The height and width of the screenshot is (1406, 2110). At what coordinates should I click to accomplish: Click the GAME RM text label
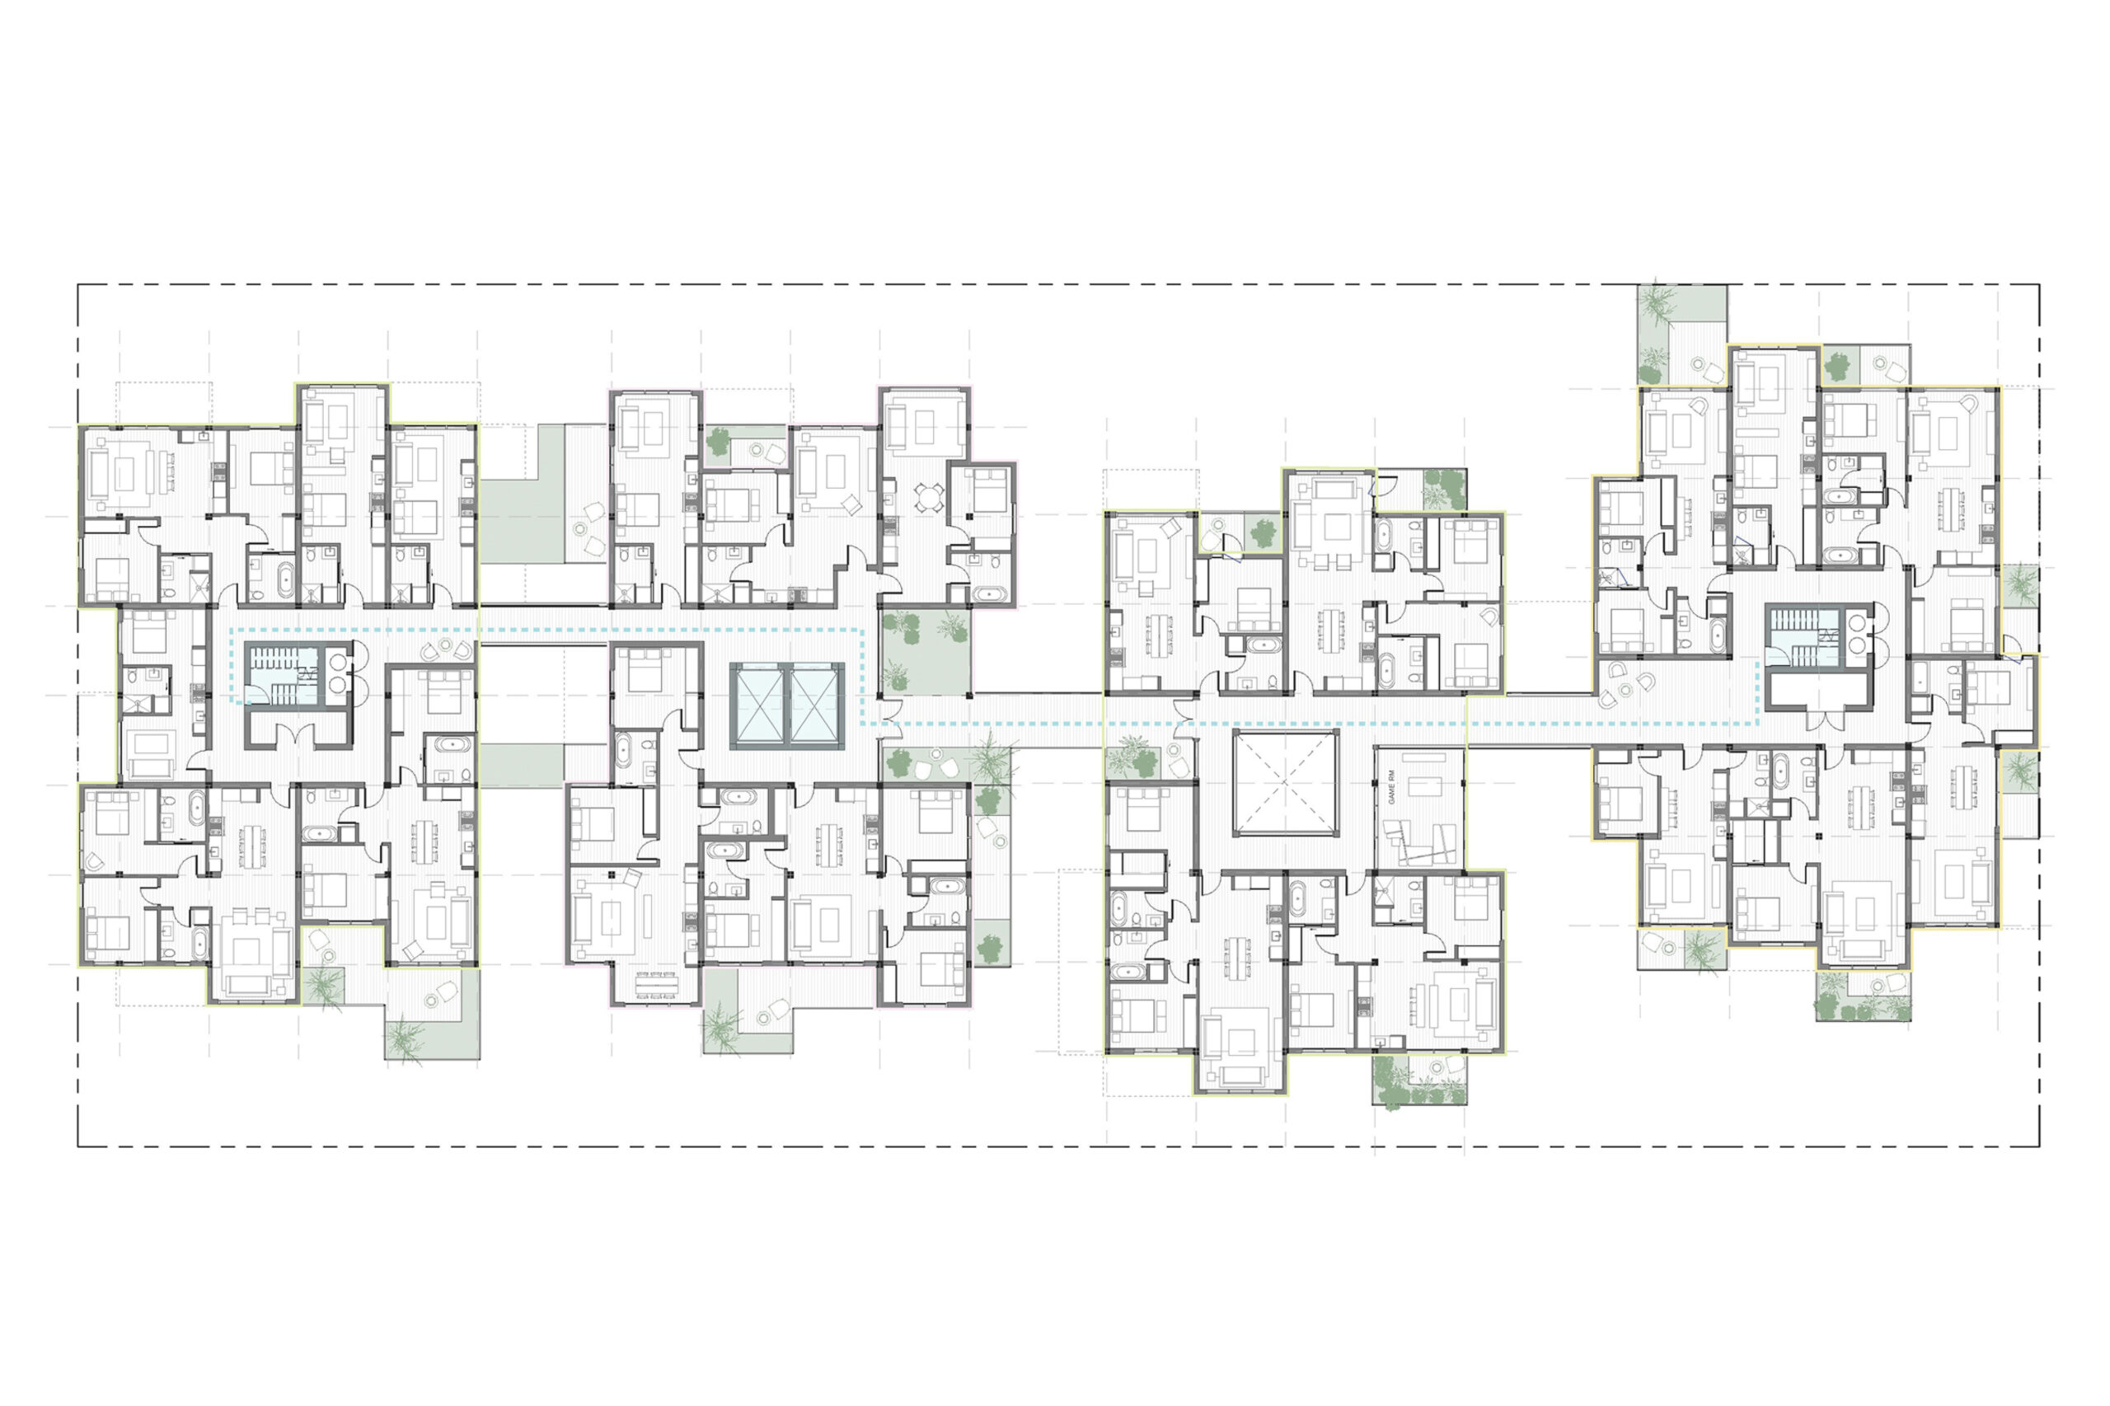coord(1393,785)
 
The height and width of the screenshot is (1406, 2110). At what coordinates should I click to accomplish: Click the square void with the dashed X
coord(1285,783)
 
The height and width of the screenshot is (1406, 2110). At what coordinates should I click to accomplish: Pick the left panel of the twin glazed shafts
coord(760,705)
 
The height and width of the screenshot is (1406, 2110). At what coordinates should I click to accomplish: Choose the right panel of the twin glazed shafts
coord(816,705)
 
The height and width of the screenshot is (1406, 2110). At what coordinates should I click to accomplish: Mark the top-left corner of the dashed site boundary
coord(79,286)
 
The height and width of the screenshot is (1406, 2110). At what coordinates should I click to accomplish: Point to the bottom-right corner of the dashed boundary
coord(2039,1145)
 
